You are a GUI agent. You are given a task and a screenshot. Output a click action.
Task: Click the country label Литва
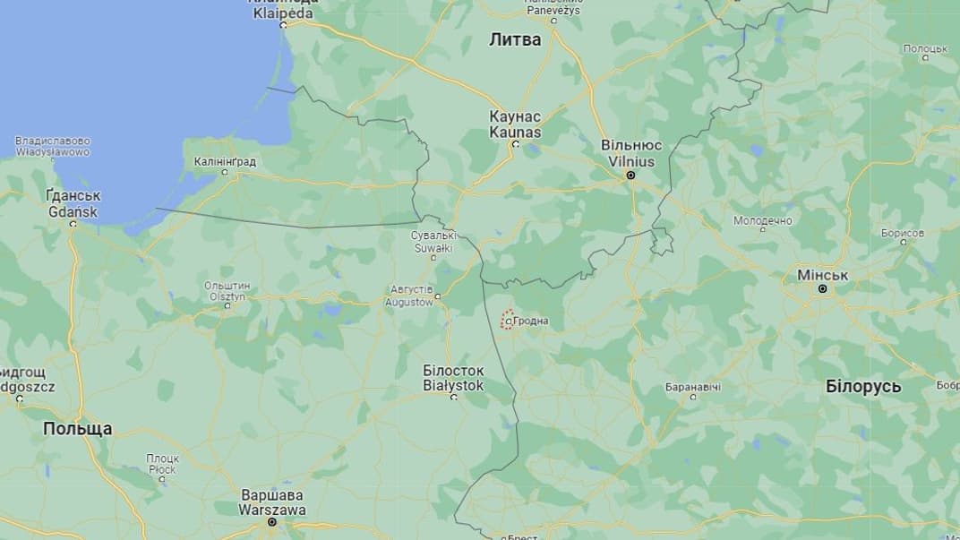point(515,39)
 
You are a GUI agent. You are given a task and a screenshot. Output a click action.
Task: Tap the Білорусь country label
point(863,387)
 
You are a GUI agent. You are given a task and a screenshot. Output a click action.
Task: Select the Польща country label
point(78,429)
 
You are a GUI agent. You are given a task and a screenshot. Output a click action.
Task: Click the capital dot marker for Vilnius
point(630,176)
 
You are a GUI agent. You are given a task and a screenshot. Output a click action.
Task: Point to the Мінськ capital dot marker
point(822,290)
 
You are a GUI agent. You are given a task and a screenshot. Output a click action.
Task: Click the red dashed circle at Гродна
point(507,320)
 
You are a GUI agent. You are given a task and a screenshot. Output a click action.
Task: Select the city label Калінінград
point(225,162)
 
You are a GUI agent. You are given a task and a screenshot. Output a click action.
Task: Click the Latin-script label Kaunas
point(515,132)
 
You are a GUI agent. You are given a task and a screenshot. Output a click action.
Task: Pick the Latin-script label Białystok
point(453,385)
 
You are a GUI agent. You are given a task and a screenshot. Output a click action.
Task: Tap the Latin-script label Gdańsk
point(73,211)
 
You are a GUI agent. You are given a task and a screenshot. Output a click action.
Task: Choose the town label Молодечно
point(763,220)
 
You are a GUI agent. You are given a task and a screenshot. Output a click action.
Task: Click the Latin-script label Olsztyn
point(227,296)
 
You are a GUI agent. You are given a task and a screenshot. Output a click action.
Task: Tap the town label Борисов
point(902,233)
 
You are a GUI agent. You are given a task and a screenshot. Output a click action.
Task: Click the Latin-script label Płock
point(162,469)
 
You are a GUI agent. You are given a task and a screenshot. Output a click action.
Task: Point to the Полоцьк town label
point(924,48)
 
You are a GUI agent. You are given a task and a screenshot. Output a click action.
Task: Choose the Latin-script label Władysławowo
point(52,152)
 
